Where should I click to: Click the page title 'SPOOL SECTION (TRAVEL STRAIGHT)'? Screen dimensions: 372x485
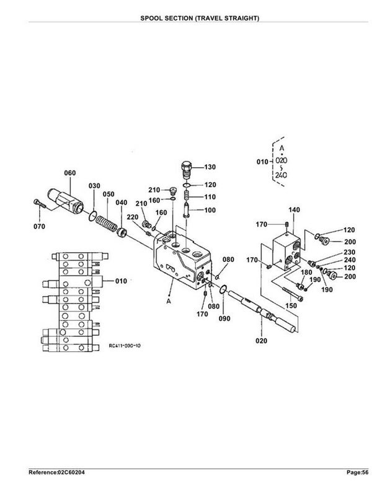tap(200, 18)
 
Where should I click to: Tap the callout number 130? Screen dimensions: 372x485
tap(210, 167)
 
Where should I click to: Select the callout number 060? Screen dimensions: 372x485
tap(70, 173)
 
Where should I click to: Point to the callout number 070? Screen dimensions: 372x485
tap(39, 227)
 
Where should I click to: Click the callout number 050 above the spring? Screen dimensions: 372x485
tap(108, 194)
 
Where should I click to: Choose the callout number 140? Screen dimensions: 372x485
tap(294, 210)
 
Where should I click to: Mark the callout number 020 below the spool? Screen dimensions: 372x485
tap(261, 341)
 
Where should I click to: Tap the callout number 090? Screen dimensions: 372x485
tap(224, 318)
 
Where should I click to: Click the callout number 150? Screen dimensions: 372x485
tap(291, 305)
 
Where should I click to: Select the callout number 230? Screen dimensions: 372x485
tap(350, 252)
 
